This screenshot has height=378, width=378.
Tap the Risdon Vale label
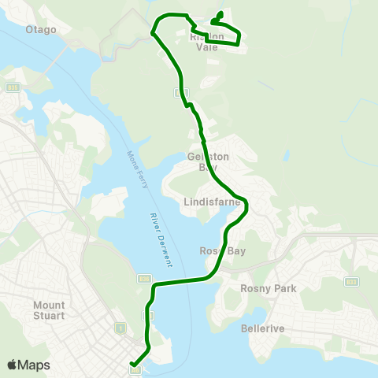[x=207, y=41]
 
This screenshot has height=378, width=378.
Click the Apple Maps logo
[x=28, y=365]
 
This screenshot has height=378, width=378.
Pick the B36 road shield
[x=144, y=277]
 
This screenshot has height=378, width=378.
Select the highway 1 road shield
[x=120, y=326]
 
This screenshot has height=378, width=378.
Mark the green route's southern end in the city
[x=132, y=366]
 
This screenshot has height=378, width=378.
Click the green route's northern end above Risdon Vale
[x=220, y=13]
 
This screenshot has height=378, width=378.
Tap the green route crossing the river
[x=181, y=281]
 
